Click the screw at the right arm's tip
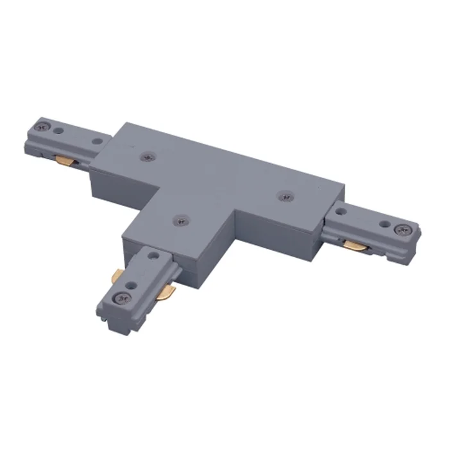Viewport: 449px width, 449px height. point(402,228)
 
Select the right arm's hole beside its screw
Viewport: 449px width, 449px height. point(384,224)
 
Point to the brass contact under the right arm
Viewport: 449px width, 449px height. point(353,242)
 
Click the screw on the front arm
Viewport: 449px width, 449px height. point(121,297)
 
